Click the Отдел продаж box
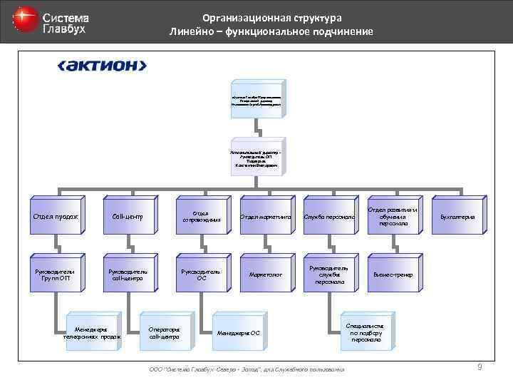pos(56,217)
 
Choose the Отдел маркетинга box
pos(264,217)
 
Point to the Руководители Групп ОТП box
pos(56,274)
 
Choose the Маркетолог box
pos(264,274)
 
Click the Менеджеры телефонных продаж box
pos(92,332)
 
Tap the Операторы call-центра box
pos(165,332)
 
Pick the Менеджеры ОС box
pos(239,332)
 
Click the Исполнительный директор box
pos(256,158)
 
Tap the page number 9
pos(480,367)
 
